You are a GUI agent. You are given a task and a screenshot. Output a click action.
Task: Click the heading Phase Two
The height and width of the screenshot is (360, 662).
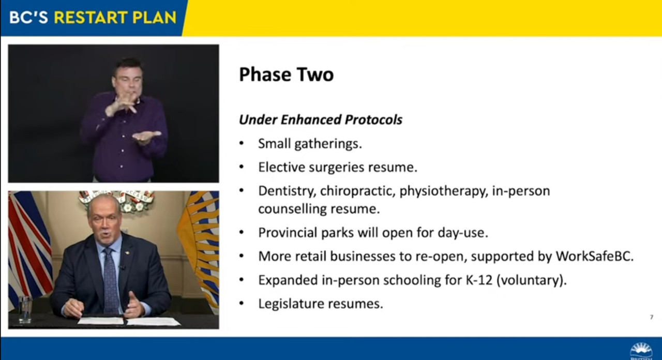click(x=286, y=74)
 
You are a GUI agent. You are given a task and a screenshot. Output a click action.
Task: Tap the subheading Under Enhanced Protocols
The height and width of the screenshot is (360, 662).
click(x=320, y=119)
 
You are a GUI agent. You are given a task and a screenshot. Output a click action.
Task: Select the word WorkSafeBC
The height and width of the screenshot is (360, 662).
click(x=595, y=256)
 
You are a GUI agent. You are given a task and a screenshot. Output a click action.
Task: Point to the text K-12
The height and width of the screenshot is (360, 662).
click(x=479, y=280)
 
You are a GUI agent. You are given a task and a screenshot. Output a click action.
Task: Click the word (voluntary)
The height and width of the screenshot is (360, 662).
click(x=532, y=280)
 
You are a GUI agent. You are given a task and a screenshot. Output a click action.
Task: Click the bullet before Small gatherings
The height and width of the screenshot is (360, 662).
click(x=242, y=144)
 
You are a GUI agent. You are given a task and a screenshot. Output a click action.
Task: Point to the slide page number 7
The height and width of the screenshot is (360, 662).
click(x=652, y=317)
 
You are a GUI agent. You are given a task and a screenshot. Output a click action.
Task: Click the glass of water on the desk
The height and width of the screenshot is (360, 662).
click(x=25, y=309)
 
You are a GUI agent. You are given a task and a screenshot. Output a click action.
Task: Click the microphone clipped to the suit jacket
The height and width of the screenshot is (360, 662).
click(x=122, y=267)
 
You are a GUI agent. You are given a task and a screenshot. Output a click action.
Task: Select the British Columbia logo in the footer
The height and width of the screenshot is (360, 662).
click(x=641, y=351)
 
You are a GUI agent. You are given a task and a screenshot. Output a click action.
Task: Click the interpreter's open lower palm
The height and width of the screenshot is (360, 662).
click(x=146, y=137)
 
